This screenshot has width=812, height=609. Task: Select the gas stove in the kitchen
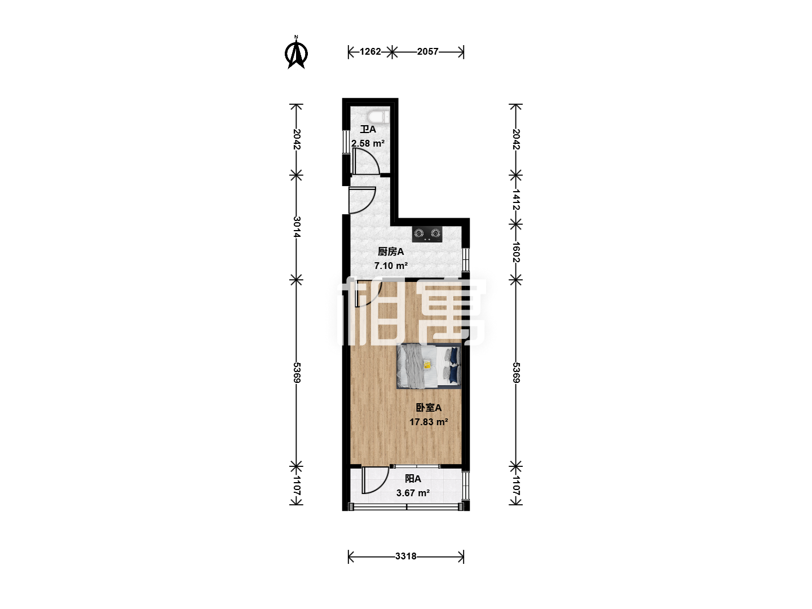[427, 233]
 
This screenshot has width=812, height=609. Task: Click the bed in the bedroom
[429, 366]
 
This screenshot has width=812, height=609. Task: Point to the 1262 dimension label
[370, 51]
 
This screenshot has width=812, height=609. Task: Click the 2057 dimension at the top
[427, 51]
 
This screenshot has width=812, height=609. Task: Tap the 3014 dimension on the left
[297, 227]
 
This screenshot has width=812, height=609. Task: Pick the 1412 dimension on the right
[516, 200]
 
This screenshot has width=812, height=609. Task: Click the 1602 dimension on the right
[516, 252]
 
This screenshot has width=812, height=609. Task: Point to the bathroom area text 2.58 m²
[368, 143]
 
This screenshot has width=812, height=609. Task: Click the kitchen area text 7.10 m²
[391, 266]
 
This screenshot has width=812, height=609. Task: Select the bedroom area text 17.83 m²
[429, 422]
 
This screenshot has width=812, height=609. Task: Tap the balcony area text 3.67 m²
[413, 493]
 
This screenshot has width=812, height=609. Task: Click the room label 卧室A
[429, 408]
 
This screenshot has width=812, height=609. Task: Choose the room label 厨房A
[391, 251]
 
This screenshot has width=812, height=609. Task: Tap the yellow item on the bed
[427, 365]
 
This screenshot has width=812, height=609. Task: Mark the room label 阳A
[413, 479]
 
